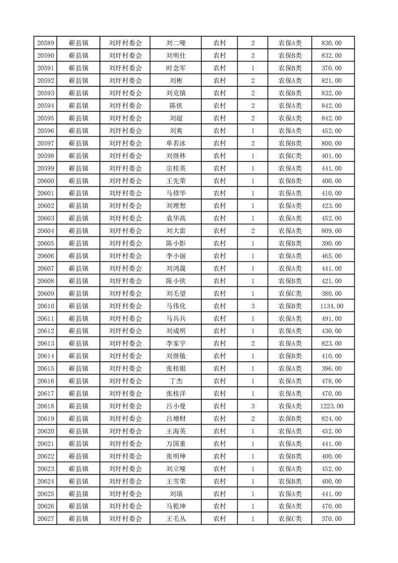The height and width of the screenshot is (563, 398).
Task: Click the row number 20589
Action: [x=46, y=43]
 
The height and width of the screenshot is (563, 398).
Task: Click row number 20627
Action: [x=46, y=519]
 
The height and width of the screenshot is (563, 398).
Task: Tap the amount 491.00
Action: [x=331, y=319]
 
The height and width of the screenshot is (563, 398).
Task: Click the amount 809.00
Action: [x=331, y=231]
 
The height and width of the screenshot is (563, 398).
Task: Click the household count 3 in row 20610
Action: [x=252, y=306]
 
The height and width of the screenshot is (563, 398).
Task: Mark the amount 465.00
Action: [x=331, y=256]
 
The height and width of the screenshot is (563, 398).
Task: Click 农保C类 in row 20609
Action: [x=290, y=294]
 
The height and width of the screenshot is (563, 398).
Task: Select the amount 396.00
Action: [x=331, y=368]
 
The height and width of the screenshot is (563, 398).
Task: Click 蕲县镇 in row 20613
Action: [x=78, y=344]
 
